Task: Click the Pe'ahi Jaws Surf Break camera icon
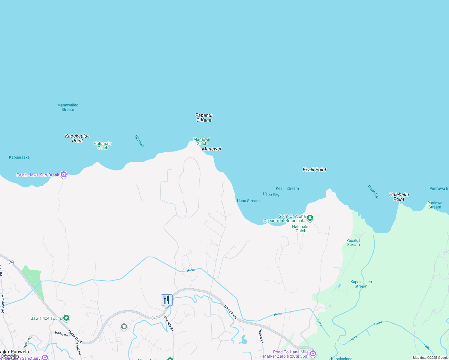[63, 174]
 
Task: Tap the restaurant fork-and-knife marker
[167, 300]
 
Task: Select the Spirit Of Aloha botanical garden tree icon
[310, 218]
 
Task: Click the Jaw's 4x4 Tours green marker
[66, 318]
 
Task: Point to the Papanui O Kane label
[204, 118]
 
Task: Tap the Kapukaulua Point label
[77, 138]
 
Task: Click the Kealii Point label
[314, 169]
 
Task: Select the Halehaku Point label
[399, 197]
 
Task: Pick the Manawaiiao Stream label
[68, 107]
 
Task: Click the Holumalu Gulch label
[103, 145]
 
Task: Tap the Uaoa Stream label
[248, 201]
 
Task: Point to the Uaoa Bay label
[271, 195]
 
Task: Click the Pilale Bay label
[373, 192]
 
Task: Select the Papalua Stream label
[353, 242]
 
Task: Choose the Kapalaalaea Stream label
[361, 284]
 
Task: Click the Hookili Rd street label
[261, 336]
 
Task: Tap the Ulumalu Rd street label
[169, 323]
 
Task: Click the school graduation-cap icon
[124, 327]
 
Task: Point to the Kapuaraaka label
[19, 157]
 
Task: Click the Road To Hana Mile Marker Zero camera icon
[313, 354]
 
